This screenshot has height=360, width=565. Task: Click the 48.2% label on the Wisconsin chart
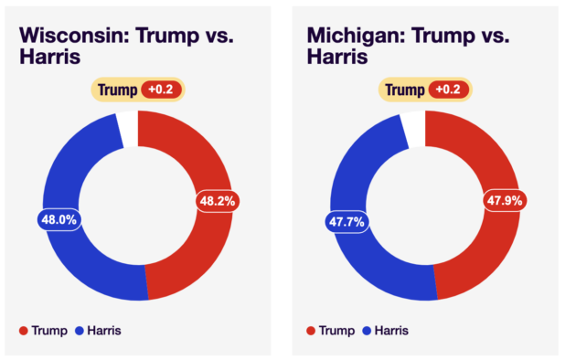pyautogui.click(x=218, y=201)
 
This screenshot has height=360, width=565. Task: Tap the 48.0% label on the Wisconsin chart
pyautogui.click(x=59, y=219)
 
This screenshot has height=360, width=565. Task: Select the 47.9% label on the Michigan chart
pyautogui.click(x=505, y=200)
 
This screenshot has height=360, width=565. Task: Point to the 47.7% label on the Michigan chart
pyautogui.click(x=346, y=222)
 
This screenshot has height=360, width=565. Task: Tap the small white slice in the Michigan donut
pyautogui.click(x=416, y=129)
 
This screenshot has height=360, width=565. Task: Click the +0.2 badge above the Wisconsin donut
pyautogui.click(x=161, y=90)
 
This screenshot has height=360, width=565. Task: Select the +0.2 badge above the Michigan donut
pyautogui.click(x=449, y=90)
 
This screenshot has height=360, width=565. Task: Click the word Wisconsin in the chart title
pyautogui.click(x=74, y=36)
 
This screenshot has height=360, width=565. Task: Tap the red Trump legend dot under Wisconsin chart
pyautogui.click(x=24, y=331)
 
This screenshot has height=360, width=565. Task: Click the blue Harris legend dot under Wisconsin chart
pyautogui.click(x=80, y=331)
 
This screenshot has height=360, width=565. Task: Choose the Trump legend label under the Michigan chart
pyautogui.click(x=337, y=331)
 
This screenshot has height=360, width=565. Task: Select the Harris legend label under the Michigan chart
pyautogui.click(x=391, y=331)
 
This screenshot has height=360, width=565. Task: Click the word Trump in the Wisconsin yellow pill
pyautogui.click(x=117, y=90)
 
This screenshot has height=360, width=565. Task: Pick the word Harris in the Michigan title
pyautogui.click(x=337, y=57)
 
